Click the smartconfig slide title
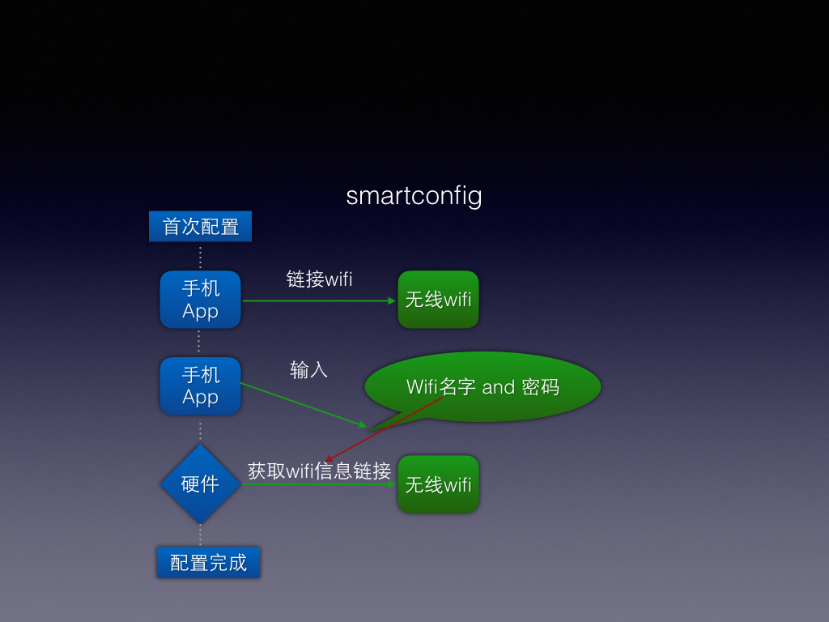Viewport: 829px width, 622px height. [414, 196]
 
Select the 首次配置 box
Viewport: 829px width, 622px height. [201, 227]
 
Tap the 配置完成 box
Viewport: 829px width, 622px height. [208, 562]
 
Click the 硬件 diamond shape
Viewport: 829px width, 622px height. [201, 484]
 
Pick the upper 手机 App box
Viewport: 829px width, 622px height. [201, 300]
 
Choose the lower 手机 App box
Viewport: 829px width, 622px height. [201, 386]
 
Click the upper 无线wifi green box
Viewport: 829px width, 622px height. [438, 300]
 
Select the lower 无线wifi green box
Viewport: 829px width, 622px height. [438, 484]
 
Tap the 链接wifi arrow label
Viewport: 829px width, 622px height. [319, 279]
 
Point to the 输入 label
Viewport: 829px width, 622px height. [308, 369]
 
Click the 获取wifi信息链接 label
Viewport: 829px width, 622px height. [319, 471]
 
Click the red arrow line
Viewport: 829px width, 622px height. [384, 429]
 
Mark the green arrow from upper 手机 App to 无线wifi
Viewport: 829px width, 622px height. [319, 301]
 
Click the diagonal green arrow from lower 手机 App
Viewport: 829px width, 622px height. [304, 405]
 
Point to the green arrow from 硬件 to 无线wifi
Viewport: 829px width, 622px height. [319, 484]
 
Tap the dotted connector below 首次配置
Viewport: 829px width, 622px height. [201, 257]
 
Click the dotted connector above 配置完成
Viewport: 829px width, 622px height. [201, 535]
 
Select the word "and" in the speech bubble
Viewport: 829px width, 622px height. [498, 387]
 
